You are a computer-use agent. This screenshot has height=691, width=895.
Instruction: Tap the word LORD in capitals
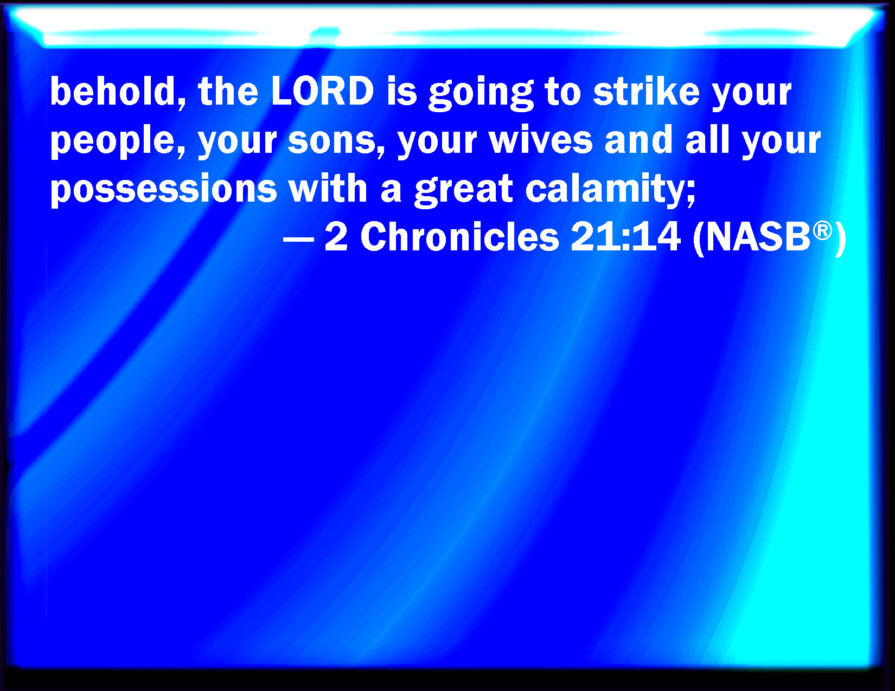[x=323, y=92]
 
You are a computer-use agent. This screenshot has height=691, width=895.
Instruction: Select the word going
[x=481, y=94]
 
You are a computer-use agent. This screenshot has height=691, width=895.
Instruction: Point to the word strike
[x=646, y=91]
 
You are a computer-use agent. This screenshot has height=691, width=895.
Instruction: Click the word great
[x=463, y=190]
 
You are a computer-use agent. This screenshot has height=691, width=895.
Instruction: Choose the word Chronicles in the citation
[x=459, y=237]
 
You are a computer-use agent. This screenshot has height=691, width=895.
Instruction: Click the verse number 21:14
[x=625, y=237]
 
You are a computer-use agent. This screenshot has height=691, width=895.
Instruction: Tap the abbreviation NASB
[x=758, y=237]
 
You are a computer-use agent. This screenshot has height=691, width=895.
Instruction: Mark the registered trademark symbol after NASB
[x=822, y=230]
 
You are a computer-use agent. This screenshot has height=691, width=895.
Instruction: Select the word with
[x=328, y=189]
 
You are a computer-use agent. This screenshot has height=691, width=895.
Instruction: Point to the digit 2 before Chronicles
[x=336, y=237]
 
